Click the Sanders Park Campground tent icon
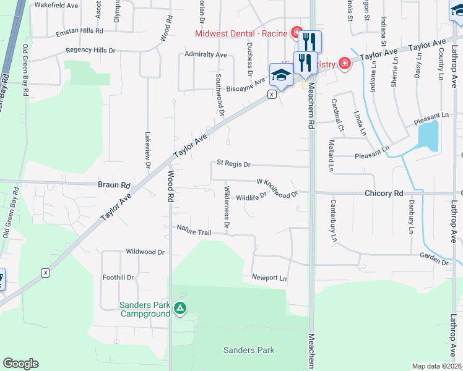pyautogui.click(x=180, y=307)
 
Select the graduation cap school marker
pyautogui.click(x=280, y=75)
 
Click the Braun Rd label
pyautogui.click(x=115, y=185)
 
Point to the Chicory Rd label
pyautogui.click(x=384, y=194)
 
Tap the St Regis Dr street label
pyautogui.click(x=233, y=164)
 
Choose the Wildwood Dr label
pyautogui.click(x=145, y=252)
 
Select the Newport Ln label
pyautogui.click(x=269, y=278)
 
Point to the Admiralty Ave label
pyautogui.click(x=206, y=54)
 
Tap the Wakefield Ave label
pyautogui.click(x=56, y=5)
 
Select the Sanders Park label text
pyautogui.click(x=249, y=351)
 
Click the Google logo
pyautogui.click(x=20, y=364)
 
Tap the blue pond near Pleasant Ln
pyautogui.click(x=428, y=135)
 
